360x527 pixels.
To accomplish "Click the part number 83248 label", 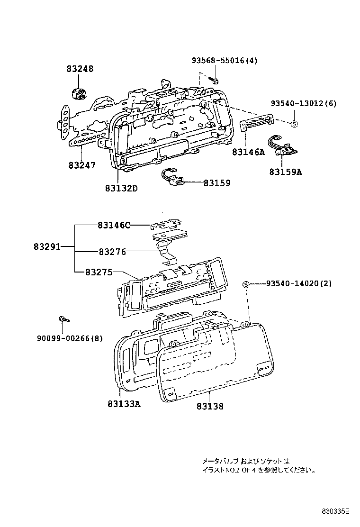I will click(x=80, y=69).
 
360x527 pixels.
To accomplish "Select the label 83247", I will click(x=81, y=165).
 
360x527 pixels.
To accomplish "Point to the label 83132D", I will click(x=121, y=188).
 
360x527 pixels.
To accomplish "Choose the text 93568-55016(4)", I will click(x=225, y=61).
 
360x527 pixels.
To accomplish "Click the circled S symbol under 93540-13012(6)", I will click(x=294, y=124).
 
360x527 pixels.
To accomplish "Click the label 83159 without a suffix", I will click(x=217, y=182).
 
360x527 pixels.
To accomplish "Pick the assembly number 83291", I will click(x=46, y=247).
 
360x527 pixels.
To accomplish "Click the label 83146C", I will click(x=114, y=225).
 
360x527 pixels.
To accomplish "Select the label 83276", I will click(x=112, y=252).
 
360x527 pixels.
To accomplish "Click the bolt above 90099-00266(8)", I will click(x=63, y=319).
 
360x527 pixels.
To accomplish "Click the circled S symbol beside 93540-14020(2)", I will click(x=246, y=284).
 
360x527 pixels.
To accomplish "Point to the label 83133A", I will click(x=124, y=403).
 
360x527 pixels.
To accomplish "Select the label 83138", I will click(x=209, y=406).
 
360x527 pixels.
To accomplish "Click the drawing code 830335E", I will click(x=335, y=511).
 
